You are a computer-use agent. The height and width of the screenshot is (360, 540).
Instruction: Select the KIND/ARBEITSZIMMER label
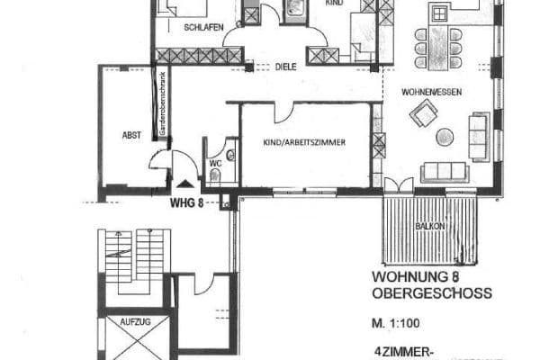(306, 142)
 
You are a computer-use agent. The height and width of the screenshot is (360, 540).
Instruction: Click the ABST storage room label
(131, 135)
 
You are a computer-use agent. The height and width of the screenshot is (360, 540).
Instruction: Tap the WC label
(215, 163)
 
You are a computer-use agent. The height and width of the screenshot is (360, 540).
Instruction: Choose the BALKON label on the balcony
(428, 227)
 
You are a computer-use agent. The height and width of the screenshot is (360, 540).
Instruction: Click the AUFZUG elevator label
(131, 321)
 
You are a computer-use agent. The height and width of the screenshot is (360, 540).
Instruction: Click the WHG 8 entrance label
(187, 202)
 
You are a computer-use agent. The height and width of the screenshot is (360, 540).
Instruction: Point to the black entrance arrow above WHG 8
(185, 183)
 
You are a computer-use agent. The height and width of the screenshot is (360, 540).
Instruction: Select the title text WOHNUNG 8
(413, 278)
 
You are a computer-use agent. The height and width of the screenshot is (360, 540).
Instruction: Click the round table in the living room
(445, 137)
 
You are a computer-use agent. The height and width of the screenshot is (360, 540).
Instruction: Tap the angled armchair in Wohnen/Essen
(423, 112)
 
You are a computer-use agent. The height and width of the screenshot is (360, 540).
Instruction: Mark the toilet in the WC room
(229, 156)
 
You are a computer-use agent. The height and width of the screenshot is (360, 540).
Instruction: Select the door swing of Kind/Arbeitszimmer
(284, 114)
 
